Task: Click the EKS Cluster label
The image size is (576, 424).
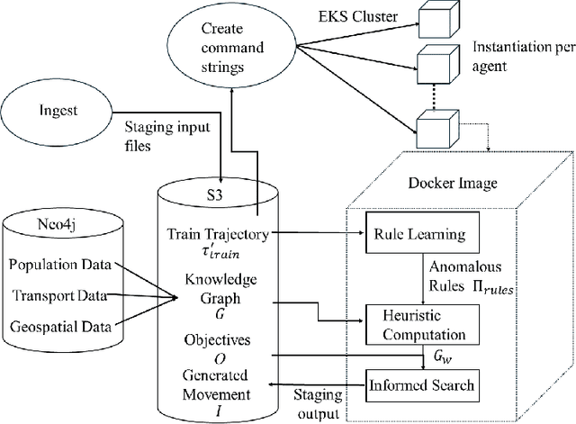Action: point(346,16)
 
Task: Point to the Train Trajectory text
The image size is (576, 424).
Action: point(215,235)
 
